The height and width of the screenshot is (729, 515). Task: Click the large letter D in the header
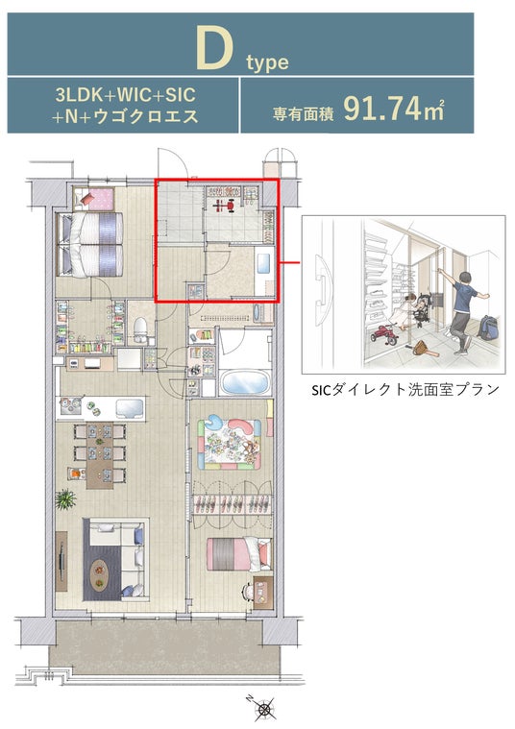click(x=214, y=47)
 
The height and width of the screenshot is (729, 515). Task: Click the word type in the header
click(x=267, y=62)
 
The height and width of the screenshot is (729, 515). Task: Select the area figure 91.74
click(x=382, y=109)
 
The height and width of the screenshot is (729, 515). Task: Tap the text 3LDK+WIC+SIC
click(x=125, y=95)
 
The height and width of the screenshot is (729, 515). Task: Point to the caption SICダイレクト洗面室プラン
click(x=405, y=389)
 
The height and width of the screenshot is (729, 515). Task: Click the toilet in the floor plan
click(x=140, y=328)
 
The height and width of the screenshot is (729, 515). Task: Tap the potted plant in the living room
click(x=65, y=499)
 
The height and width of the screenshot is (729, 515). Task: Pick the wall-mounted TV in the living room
click(x=61, y=562)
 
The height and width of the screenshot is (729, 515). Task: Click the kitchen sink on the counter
click(x=130, y=408)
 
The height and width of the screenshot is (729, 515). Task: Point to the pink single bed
click(x=238, y=554)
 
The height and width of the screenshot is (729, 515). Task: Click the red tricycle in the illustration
click(x=383, y=334)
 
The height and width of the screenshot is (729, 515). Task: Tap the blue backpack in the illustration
click(x=487, y=328)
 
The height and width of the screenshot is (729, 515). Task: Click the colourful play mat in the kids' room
click(x=229, y=444)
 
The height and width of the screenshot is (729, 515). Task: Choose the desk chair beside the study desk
click(x=247, y=592)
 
